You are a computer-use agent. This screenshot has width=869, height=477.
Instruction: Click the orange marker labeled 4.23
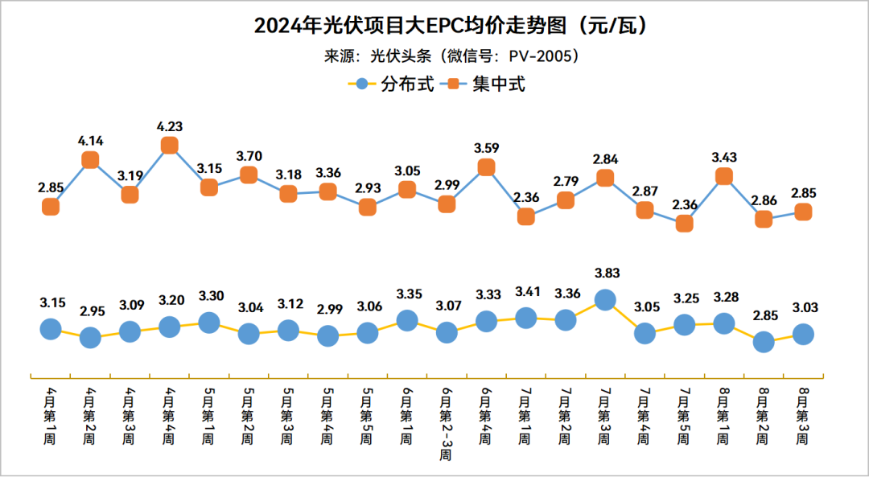coord(169,146)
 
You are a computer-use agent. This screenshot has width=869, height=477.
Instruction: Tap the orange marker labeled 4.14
coord(90,160)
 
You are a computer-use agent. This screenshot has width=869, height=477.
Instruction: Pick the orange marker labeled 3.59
coord(486,167)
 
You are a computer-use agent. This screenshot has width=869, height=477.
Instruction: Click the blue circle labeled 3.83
coord(605,300)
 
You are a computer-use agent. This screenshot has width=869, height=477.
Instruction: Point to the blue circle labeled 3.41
coord(525,318)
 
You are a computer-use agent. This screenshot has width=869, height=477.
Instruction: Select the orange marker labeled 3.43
coord(723,176)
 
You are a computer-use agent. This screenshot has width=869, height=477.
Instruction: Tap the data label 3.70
coord(249,155)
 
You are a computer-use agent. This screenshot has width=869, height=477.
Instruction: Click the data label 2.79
coord(565,180)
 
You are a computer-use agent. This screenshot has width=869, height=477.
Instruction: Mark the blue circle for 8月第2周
coord(763,342)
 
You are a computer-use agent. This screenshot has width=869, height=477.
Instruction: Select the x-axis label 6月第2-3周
coord(447,423)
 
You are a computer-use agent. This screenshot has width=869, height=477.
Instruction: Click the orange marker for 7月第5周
coord(684,224)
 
